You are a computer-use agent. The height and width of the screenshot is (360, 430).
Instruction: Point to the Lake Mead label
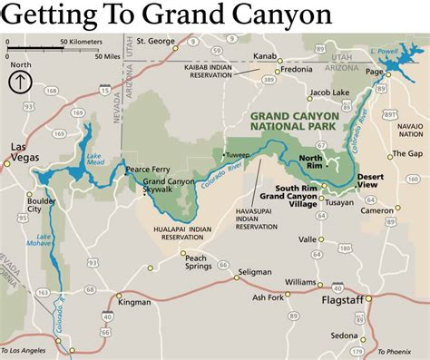pos(94,159)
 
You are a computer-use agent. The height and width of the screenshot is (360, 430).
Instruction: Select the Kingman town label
pos(134,301)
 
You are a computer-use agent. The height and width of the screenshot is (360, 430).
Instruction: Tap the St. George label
pos(156,42)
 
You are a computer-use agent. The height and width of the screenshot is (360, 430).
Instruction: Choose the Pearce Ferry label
pos(150,169)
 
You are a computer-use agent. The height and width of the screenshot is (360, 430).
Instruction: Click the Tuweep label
pos(238,154)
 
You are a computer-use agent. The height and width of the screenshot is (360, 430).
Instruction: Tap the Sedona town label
pos(345,336)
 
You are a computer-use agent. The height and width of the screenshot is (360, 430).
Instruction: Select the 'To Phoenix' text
pos(396,351)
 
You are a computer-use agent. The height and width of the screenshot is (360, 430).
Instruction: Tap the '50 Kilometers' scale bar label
pos(83,42)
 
